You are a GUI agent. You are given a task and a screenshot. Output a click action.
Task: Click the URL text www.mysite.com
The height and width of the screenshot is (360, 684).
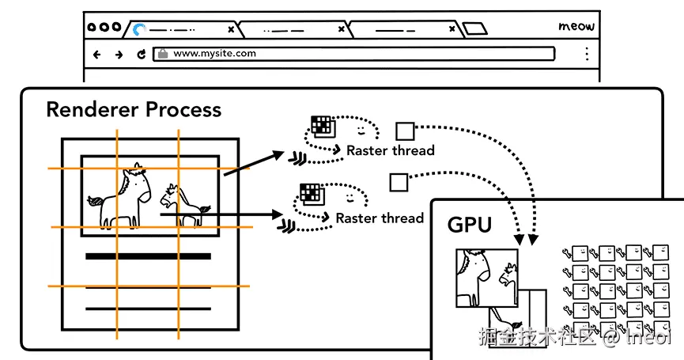[215, 54]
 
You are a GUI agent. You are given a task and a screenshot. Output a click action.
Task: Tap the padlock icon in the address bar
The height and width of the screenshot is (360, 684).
[163, 54]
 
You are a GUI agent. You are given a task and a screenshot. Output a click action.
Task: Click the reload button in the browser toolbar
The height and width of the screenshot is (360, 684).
[141, 55]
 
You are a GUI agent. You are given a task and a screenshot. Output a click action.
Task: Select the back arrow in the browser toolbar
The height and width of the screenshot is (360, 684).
[97, 55]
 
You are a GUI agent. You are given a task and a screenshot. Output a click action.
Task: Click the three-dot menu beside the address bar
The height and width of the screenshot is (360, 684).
[587, 54]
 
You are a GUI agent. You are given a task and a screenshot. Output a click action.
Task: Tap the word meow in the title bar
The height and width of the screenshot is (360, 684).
[576, 26]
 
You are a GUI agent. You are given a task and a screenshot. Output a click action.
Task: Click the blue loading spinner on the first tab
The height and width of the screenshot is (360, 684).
[140, 29]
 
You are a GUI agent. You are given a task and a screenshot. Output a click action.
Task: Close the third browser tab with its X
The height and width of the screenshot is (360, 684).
[452, 29]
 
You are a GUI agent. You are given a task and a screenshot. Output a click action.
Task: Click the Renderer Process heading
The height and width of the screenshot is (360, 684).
[134, 109]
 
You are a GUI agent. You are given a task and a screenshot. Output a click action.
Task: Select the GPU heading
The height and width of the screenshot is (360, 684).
[470, 225]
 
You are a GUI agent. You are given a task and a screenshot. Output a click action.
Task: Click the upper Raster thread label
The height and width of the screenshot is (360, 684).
[391, 150]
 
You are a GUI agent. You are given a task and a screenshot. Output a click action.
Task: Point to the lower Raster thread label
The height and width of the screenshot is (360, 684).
[380, 218]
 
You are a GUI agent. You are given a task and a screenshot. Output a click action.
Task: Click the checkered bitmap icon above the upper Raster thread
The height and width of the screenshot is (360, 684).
[321, 125]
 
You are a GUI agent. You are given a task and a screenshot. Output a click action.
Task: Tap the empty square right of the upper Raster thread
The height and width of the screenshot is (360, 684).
[405, 131]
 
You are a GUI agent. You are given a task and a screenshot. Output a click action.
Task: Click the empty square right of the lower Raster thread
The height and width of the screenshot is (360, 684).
[398, 183]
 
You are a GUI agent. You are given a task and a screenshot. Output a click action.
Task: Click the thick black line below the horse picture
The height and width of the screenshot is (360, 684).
[148, 256]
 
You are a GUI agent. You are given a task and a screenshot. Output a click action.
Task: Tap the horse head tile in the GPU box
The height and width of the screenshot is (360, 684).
[486, 277]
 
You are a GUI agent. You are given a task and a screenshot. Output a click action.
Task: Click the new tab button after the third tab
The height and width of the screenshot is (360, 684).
[474, 29]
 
